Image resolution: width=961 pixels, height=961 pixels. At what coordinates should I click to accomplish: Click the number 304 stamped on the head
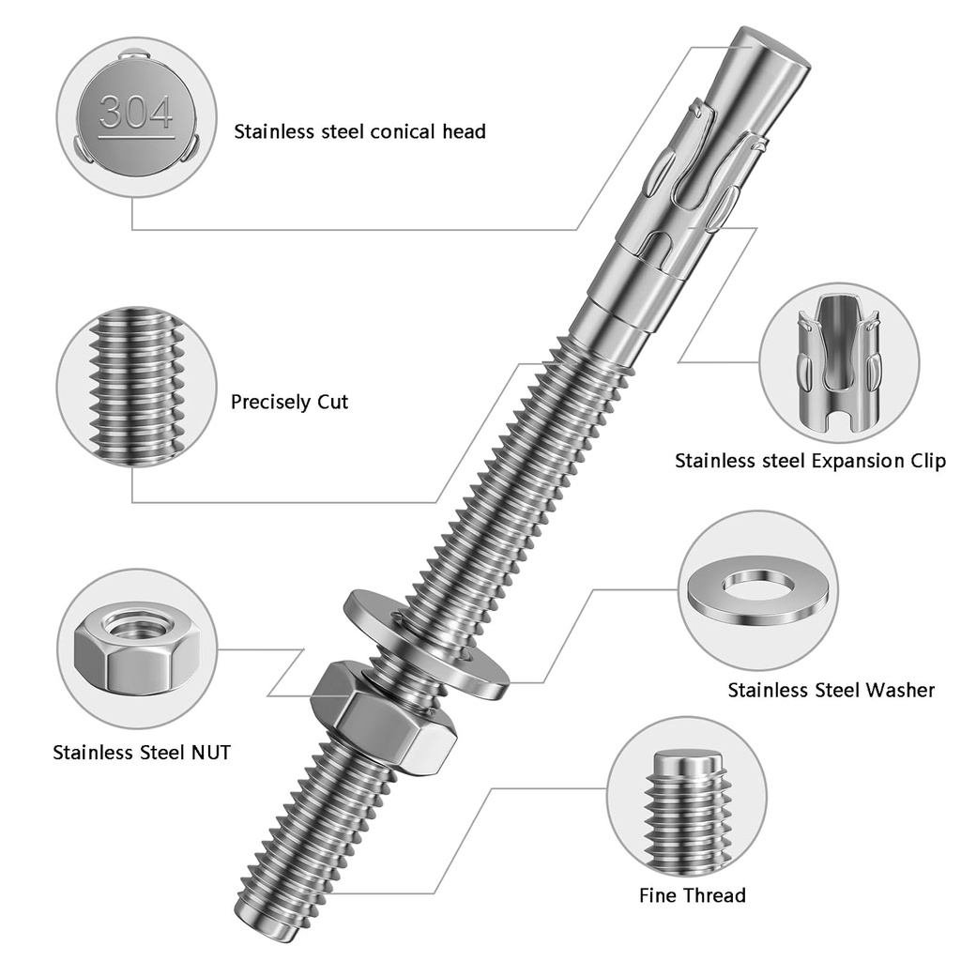coord(136,114)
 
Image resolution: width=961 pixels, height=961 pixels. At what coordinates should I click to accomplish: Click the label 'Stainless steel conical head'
coord(359,131)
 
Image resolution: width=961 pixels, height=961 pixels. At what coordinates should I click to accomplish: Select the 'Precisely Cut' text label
coord(289,403)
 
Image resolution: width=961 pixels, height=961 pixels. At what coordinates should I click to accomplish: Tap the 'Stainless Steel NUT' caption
coord(141,752)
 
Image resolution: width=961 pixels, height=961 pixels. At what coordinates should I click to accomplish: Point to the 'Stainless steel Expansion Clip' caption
coord(810,461)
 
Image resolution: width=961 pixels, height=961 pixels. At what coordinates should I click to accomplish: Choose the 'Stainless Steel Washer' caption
coord(831,691)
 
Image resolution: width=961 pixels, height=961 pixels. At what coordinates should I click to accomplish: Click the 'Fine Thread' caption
coord(692,895)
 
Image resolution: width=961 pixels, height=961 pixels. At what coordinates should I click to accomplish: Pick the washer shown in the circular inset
coord(760,595)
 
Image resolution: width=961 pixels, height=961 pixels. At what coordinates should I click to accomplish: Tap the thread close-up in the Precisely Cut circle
coord(136,387)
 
